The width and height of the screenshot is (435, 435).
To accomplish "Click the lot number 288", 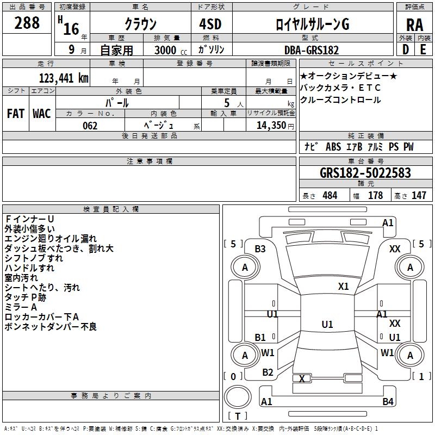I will coord(27,22).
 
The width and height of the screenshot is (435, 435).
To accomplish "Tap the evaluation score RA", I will coord(414,25).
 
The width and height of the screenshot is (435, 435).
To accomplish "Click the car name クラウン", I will coord(140,24).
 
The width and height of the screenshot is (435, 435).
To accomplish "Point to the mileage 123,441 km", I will coord(64,78).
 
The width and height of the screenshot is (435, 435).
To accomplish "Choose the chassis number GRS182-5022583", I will coord(365,173).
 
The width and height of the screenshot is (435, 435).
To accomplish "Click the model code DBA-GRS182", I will coord(312,50).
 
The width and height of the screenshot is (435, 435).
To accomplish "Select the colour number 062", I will coord(90,126).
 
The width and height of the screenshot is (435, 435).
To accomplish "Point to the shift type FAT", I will coord(15,113).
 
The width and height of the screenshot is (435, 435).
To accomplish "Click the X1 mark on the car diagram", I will coord(343,286).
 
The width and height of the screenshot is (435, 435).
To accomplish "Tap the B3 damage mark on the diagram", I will coord(260,249).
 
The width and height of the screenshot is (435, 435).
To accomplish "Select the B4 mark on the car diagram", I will coord(388,402).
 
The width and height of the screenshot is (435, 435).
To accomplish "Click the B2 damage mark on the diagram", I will coord(268,372).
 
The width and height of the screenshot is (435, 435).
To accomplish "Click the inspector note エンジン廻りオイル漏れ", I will coord(51,238).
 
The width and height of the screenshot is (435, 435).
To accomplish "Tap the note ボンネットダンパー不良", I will coord(51,327).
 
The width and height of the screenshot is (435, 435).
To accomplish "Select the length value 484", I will coord(329,196).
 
